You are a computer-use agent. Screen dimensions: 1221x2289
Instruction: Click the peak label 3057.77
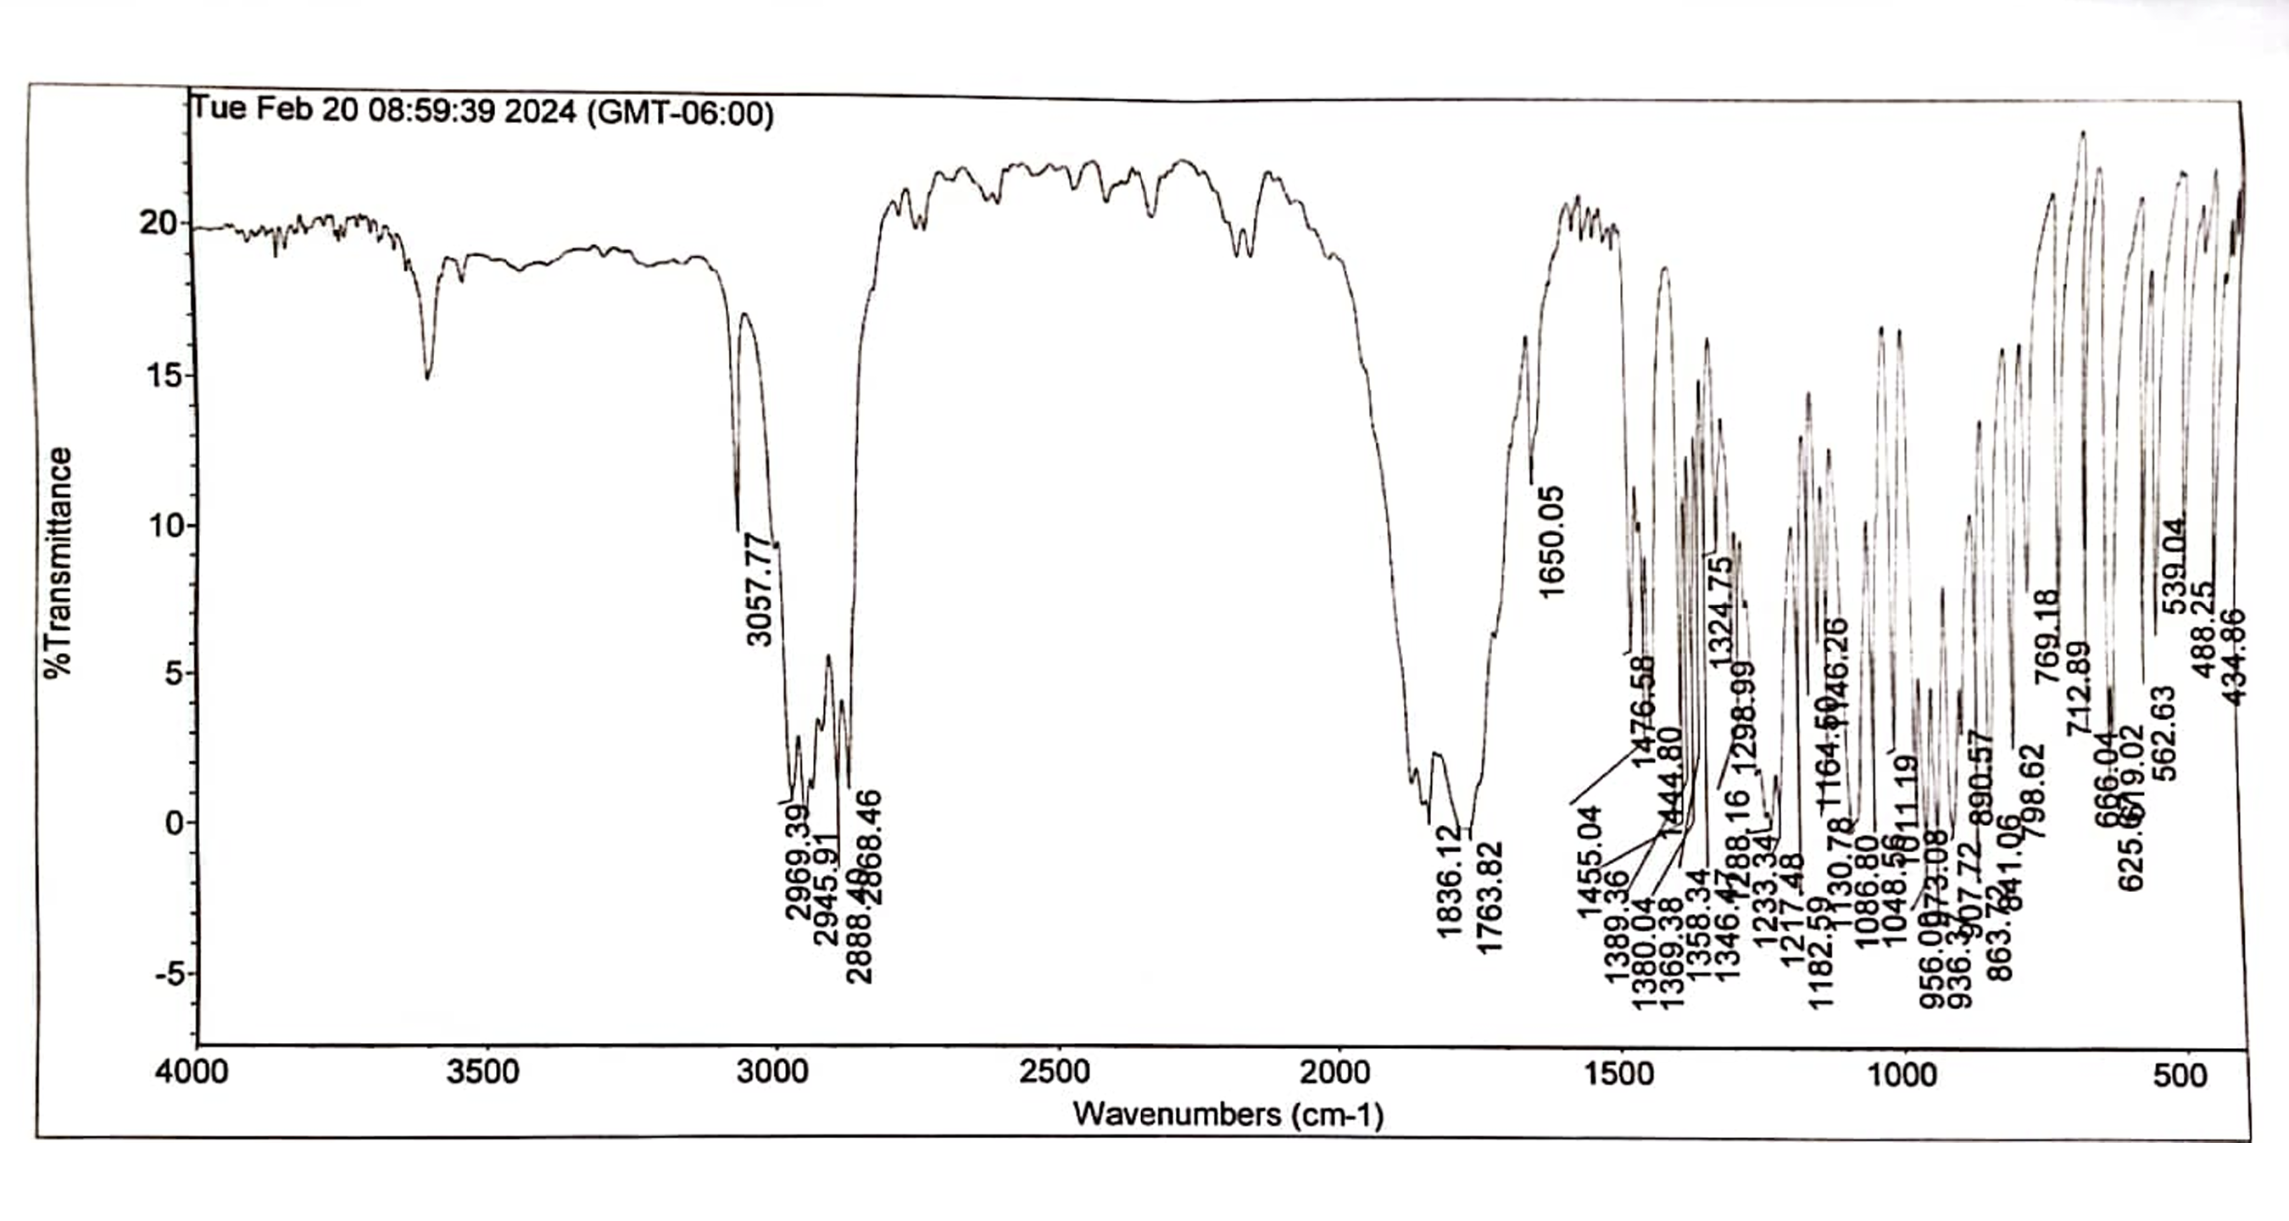(x=760, y=589)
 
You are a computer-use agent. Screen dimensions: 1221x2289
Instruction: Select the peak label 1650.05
(x=1551, y=542)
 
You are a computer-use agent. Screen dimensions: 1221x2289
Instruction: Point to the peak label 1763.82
(x=1490, y=898)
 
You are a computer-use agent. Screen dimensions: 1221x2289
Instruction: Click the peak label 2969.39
(x=798, y=862)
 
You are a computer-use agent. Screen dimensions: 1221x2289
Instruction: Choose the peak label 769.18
(x=2047, y=636)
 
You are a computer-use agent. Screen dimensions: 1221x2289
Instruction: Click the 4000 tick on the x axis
(x=192, y=1072)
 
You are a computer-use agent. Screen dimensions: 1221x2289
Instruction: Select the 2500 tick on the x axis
(x=1055, y=1072)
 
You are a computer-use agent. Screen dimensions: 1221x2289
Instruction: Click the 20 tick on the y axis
(x=159, y=223)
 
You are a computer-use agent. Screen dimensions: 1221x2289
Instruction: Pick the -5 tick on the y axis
(x=171, y=975)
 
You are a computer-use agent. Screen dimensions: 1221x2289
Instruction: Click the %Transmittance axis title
(x=59, y=562)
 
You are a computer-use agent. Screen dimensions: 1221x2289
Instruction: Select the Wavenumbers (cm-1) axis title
(x=1228, y=1114)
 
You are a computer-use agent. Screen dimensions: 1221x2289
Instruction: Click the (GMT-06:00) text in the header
(x=681, y=114)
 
